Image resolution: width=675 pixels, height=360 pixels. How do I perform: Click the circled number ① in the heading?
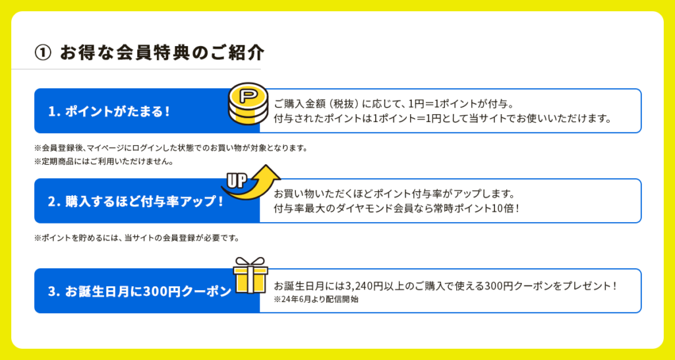[43, 53]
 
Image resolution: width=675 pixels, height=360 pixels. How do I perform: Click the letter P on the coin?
[247, 95]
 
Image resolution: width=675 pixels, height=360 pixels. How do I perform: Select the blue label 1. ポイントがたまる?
[109, 111]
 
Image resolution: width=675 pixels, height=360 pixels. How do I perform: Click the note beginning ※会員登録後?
[171, 148]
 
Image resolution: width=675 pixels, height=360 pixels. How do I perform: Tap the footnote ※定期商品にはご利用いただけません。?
[103, 162]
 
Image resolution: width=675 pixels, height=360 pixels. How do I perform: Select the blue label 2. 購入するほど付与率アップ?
[136, 201]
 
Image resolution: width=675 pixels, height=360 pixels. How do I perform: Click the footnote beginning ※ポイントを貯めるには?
[136, 238]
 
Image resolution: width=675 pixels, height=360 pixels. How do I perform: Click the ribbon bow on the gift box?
[250, 262]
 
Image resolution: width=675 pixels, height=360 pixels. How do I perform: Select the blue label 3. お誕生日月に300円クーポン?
[140, 291]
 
